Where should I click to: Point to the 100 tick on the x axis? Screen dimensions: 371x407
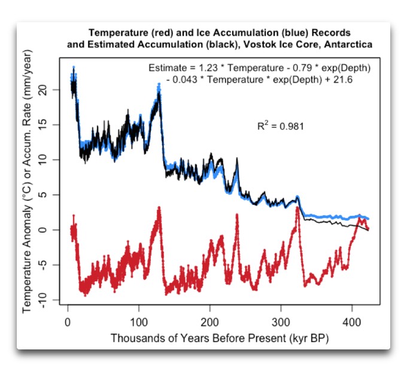(139, 312)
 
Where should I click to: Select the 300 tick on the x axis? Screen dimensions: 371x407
(281, 312)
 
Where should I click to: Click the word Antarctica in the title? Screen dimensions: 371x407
(348, 44)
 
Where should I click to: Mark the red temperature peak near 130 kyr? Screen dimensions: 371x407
(159, 208)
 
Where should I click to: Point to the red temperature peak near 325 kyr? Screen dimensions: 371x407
(297, 207)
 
